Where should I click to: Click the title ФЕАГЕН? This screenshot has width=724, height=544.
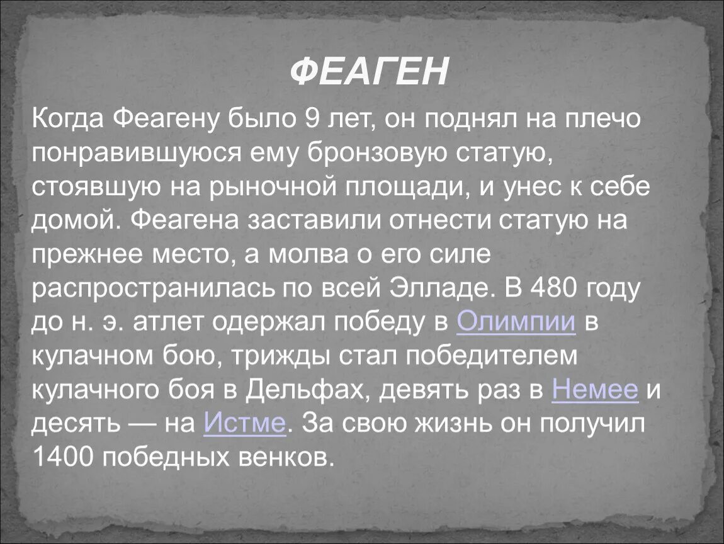pos(369,72)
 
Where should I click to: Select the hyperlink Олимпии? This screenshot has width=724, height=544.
pos(516,322)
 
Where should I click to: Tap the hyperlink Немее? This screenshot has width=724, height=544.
pos(595,390)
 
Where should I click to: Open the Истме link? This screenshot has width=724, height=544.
pos(245,423)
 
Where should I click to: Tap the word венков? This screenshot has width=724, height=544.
pos(291,456)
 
